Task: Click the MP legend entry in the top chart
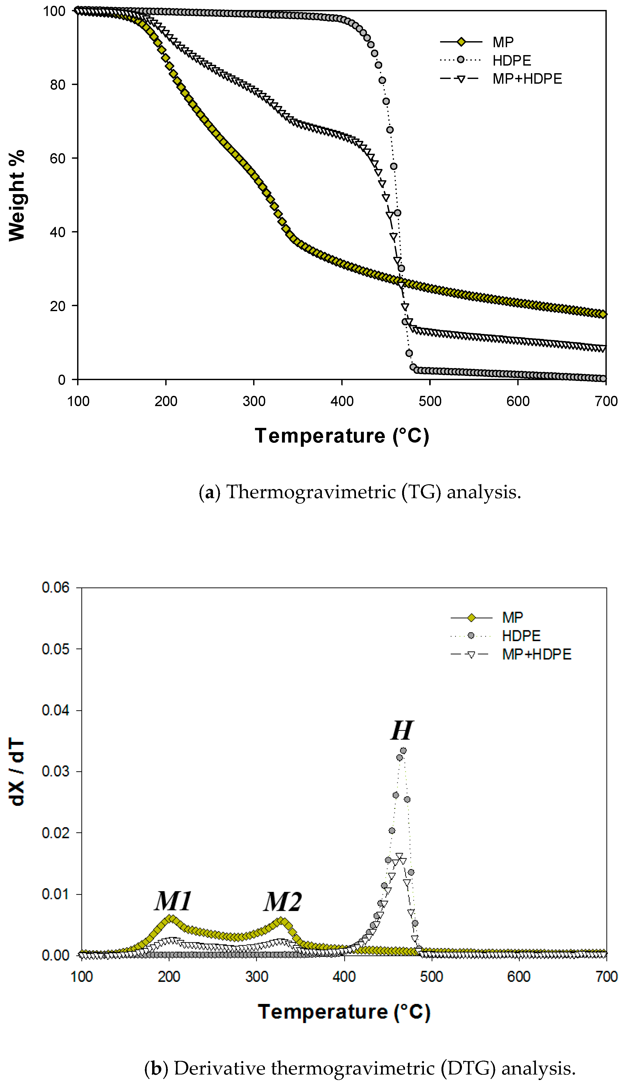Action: (503, 42)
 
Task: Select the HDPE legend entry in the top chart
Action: (511, 60)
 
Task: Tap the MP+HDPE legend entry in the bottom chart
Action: (536, 654)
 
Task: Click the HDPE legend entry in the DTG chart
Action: (521, 636)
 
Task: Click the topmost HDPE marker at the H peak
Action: (403, 751)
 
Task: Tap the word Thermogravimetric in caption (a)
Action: (311, 492)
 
